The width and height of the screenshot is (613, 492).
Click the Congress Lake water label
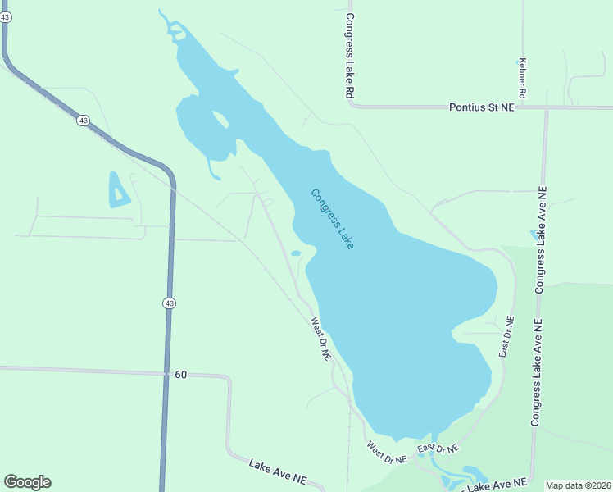click(x=332, y=219)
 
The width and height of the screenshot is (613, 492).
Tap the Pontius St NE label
click(x=482, y=107)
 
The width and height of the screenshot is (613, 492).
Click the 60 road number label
click(x=180, y=375)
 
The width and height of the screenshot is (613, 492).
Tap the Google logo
click(x=27, y=482)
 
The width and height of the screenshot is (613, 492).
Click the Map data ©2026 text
click(x=578, y=485)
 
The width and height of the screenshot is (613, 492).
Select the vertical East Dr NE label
click(x=507, y=336)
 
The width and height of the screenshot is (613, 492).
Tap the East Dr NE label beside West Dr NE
click(x=438, y=449)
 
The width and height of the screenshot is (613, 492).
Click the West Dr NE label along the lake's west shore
click(x=320, y=340)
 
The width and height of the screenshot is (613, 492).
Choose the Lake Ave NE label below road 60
click(x=278, y=474)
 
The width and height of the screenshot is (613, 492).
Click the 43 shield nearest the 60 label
click(x=169, y=303)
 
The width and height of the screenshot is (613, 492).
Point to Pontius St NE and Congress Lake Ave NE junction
click(x=546, y=107)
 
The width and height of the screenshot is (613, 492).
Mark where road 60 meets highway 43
click(x=169, y=373)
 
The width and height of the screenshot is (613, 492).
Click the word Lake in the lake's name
click(x=345, y=236)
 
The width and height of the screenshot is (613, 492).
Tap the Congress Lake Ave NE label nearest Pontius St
click(x=541, y=239)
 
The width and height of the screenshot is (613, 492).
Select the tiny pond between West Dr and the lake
click(x=295, y=253)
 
